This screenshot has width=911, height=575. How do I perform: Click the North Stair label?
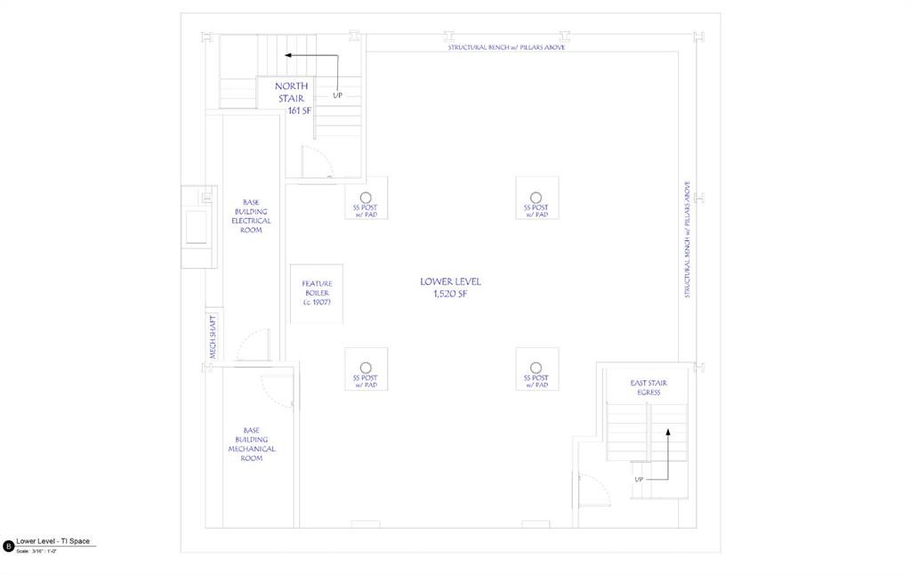(291, 92)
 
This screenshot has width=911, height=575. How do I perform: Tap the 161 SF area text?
(299, 110)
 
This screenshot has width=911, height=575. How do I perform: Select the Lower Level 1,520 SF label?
(450, 287)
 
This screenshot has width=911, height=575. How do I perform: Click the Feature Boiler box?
(317, 293)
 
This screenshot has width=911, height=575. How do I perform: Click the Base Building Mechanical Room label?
(251, 444)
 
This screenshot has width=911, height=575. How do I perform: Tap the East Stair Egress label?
(649, 387)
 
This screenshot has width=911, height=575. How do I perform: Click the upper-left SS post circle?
(366, 197)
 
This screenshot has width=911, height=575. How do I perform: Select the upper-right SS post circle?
(536, 197)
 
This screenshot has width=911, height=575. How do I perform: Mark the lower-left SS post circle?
(366, 368)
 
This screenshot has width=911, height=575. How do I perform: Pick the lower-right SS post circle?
(536, 368)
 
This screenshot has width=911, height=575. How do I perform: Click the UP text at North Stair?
(337, 95)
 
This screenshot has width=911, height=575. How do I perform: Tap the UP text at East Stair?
(639, 480)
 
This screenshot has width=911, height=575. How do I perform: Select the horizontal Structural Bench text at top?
(505, 46)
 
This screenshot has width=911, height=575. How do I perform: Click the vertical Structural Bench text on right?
(687, 239)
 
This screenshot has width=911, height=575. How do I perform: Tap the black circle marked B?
(9, 546)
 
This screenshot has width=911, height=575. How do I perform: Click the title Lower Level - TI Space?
(52, 541)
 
